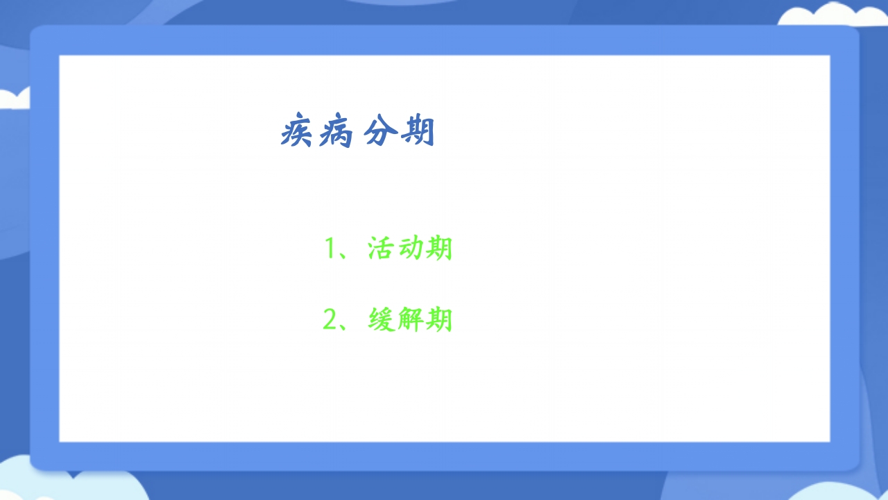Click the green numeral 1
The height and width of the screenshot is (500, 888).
point(331,249)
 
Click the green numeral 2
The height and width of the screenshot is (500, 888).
point(330,319)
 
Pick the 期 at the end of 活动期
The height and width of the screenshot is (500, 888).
point(439,248)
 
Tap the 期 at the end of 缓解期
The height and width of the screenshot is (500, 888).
point(439,319)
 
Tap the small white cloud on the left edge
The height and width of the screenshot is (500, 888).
point(14,99)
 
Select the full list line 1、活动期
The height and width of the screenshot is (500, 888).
point(388,249)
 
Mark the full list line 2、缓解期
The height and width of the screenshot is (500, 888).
point(388,319)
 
